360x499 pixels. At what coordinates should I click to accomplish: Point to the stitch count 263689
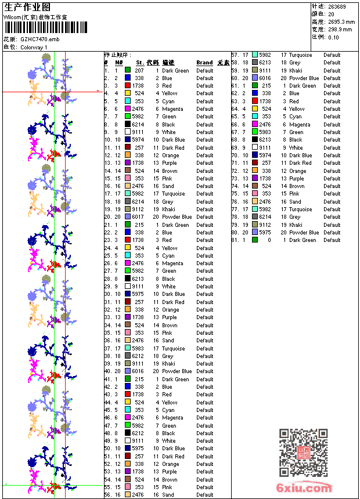[x=337, y=6]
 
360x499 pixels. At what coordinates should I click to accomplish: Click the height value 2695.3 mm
[x=341, y=21]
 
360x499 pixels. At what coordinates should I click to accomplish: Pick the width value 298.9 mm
[x=340, y=29]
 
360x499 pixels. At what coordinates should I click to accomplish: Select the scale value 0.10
[x=334, y=37]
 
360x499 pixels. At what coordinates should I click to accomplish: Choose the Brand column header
[x=204, y=63]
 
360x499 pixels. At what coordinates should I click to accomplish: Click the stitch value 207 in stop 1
[x=139, y=70]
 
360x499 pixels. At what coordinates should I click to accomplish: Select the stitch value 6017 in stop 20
[x=138, y=217]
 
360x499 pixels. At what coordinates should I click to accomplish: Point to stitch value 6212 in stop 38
[x=138, y=356]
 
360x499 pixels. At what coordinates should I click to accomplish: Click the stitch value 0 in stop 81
[x=269, y=240]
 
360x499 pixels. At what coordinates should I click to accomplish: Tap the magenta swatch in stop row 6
[x=127, y=109]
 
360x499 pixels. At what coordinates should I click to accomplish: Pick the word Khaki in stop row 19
[x=168, y=209]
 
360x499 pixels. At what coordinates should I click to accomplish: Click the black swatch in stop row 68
[x=255, y=140]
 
